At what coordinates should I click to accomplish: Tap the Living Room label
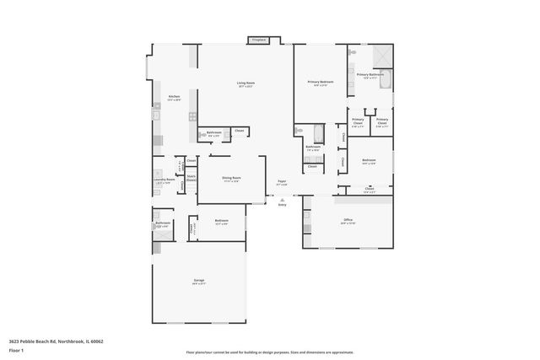(x=246, y=83)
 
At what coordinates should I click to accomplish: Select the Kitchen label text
(x=174, y=97)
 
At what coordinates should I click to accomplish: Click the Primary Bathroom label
(x=370, y=75)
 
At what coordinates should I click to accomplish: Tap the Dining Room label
(x=231, y=178)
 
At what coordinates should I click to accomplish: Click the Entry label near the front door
(x=282, y=204)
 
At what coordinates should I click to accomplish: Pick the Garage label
(x=198, y=281)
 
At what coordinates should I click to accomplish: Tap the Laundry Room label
(x=164, y=180)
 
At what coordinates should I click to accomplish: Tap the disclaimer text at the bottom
(x=270, y=352)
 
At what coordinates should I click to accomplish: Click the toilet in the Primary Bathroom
(x=351, y=52)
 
